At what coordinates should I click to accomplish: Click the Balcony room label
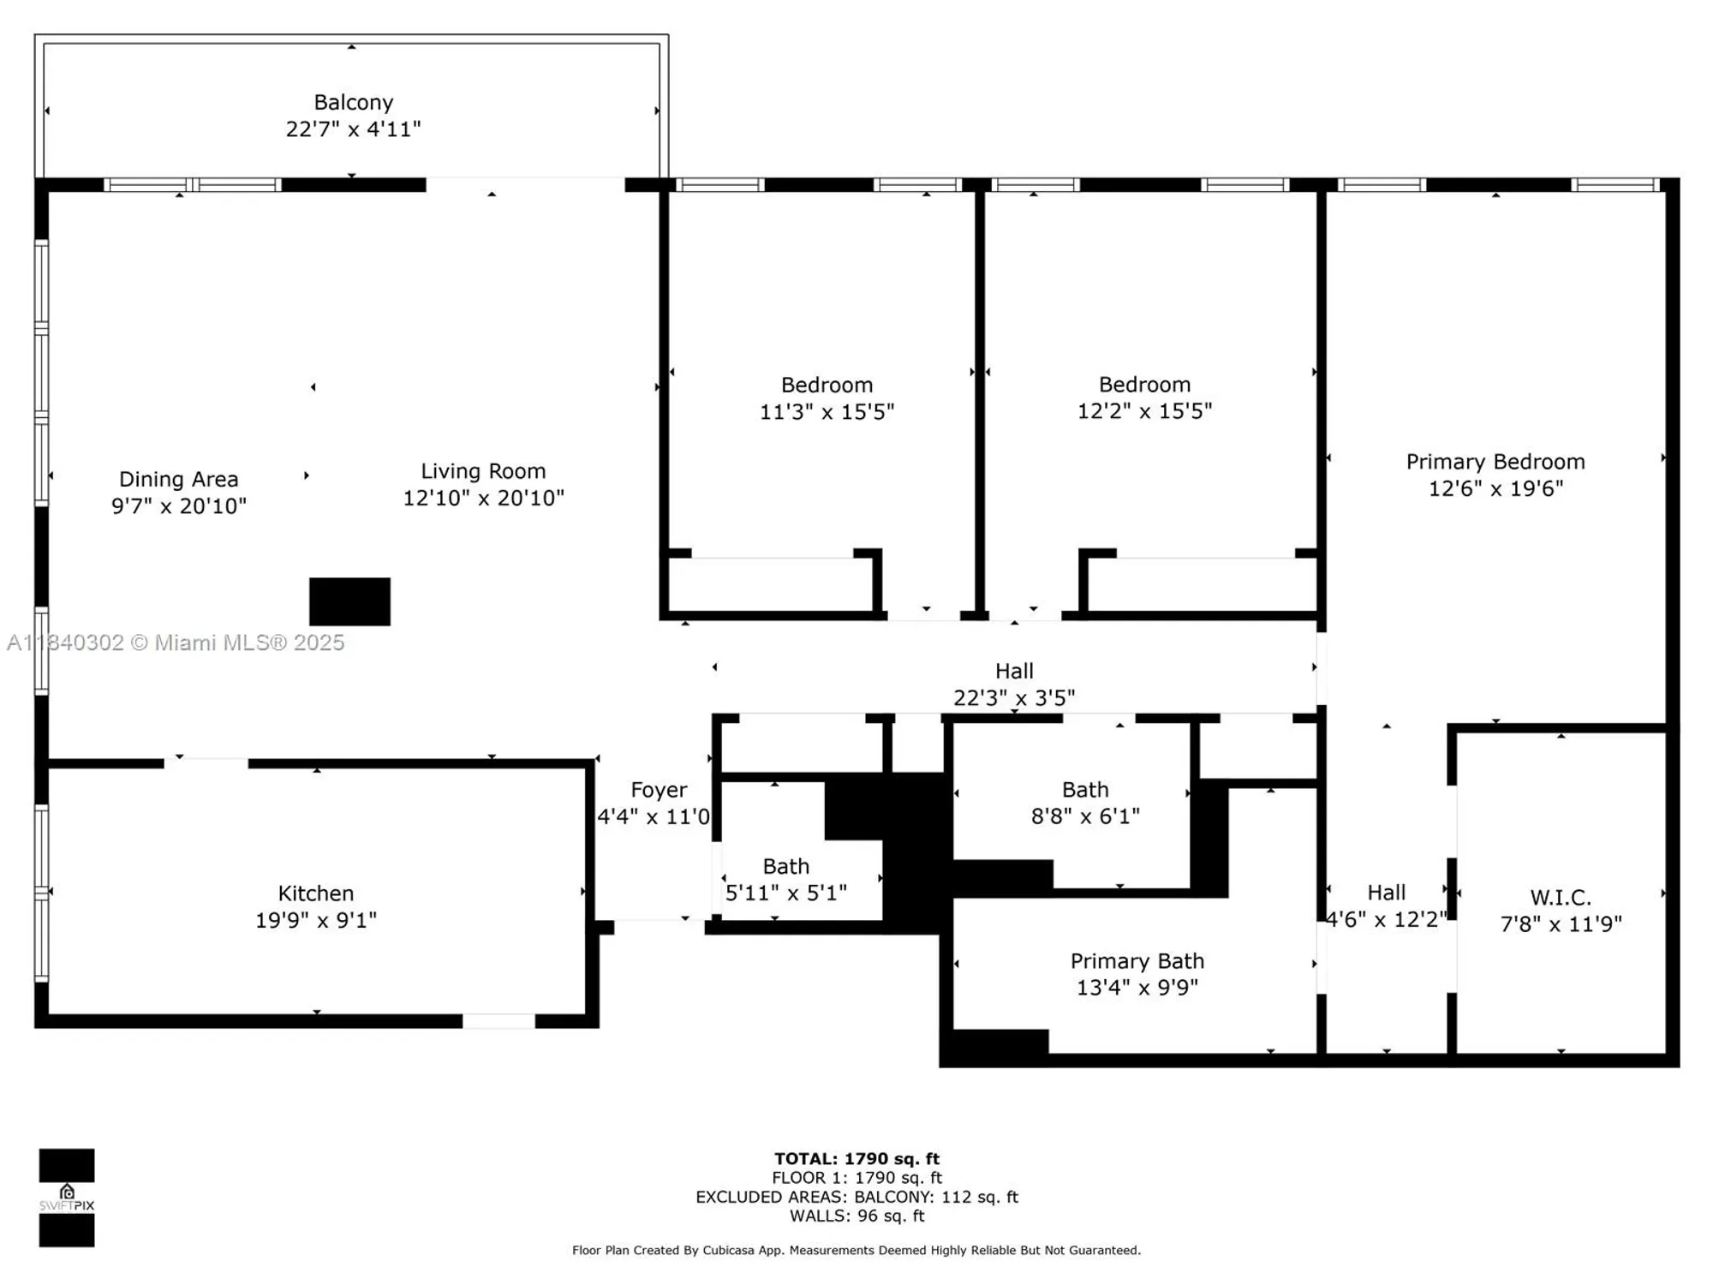click(x=353, y=102)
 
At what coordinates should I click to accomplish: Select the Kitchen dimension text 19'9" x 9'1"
click(x=316, y=920)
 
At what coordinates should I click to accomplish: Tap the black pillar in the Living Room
click(x=349, y=601)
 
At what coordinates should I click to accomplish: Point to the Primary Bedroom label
click(x=1495, y=462)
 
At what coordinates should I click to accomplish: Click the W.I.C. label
click(x=1560, y=897)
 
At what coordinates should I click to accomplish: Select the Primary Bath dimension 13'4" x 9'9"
click(x=1137, y=987)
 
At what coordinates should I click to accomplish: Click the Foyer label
click(x=659, y=790)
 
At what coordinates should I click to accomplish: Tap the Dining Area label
click(x=178, y=479)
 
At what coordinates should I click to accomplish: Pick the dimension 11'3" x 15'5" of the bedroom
click(x=827, y=411)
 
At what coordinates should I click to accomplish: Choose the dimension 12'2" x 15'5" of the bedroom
click(x=1144, y=411)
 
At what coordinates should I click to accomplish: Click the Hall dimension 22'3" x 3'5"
click(x=1014, y=697)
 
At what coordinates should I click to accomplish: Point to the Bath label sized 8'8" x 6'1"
click(x=1085, y=789)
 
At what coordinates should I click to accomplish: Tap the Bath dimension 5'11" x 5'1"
click(x=785, y=893)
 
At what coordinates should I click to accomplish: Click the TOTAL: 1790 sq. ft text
click(x=856, y=1159)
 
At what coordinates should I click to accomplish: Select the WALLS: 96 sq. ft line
click(x=856, y=1216)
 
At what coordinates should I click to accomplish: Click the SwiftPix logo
click(x=67, y=1198)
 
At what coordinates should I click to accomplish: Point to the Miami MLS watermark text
click(x=176, y=642)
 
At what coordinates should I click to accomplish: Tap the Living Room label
click(x=483, y=471)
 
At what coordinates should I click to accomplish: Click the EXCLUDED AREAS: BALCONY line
click(x=856, y=1197)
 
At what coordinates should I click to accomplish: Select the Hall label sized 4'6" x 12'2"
click(x=1386, y=893)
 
